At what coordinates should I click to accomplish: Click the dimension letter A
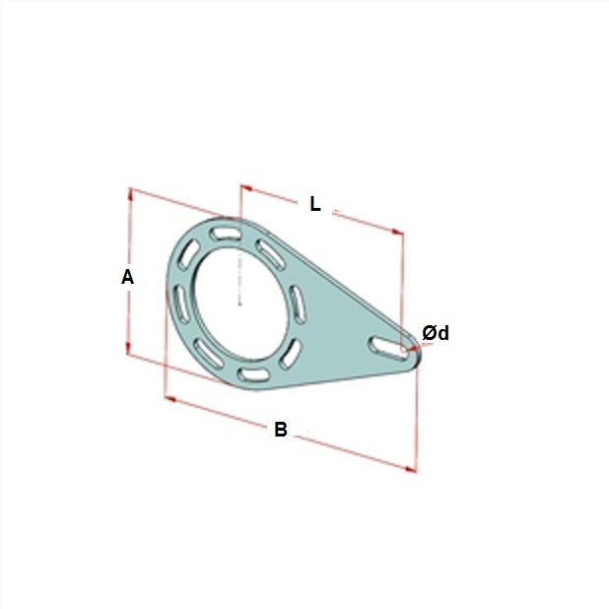tap(127, 277)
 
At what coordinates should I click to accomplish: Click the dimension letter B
tap(281, 430)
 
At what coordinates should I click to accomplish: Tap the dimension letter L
tap(315, 204)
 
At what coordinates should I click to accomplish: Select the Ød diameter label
tap(436, 333)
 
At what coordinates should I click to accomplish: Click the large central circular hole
tap(240, 304)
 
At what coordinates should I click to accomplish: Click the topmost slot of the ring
tap(225, 235)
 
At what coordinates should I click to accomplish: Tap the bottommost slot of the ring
tap(252, 375)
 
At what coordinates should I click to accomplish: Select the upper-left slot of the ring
tap(188, 253)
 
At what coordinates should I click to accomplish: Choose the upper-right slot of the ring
tap(270, 255)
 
